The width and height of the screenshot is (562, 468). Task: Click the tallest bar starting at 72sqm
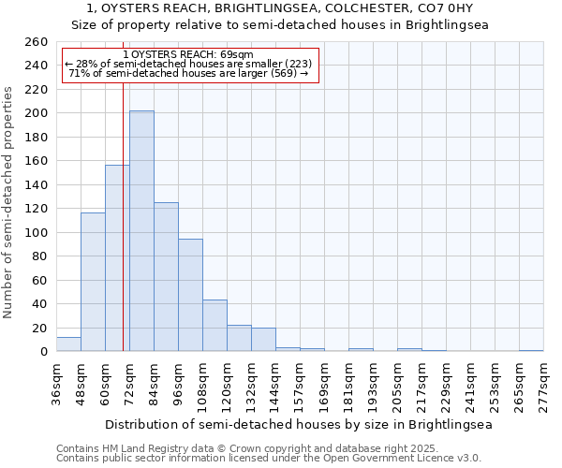pyautogui.click(x=141, y=231)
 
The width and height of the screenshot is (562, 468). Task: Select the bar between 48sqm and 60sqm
pyautogui.click(x=93, y=282)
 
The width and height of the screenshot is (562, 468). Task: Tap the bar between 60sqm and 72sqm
pyautogui.click(x=117, y=258)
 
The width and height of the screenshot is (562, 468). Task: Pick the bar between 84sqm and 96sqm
pyautogui.click(x=166, y=277)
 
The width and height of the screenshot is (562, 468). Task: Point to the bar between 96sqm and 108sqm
pyautogui.click(x=190, y=295)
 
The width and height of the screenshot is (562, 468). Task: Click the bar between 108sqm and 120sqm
pyautogui.click(x=214, y=326)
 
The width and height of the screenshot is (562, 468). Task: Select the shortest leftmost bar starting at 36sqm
pyautogui.click(x=68, y=344)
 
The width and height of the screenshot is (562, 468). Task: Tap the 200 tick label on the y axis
pyautogui.click(x=37, y=113)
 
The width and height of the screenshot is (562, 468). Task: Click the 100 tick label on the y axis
pyautogui.click(x=37, y=232)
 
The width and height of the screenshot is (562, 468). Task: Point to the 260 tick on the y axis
pyautogui.click(x=37, y=42)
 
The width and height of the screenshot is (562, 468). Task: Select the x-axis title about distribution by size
pyautogui.click(x=298, y=424)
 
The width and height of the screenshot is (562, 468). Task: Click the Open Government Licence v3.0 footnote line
pyautogui.click(x=269, y=458)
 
